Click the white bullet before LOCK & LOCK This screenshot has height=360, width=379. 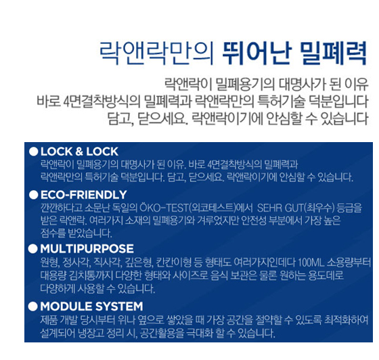click(34, 152)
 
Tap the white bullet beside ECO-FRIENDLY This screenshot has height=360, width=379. click(34, 195)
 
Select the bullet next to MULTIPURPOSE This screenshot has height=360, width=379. click(33, 248)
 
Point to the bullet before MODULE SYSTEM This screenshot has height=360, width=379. click(33, 306)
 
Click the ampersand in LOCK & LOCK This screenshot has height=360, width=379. click(79, 152)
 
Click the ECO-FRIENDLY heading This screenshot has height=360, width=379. click(84, 195)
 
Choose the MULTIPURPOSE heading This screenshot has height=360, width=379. click(87, 248)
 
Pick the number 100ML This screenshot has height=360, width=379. click(311, 263)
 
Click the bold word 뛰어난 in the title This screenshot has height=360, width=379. click(257, 53)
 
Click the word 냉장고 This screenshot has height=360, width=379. click(91, 333)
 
